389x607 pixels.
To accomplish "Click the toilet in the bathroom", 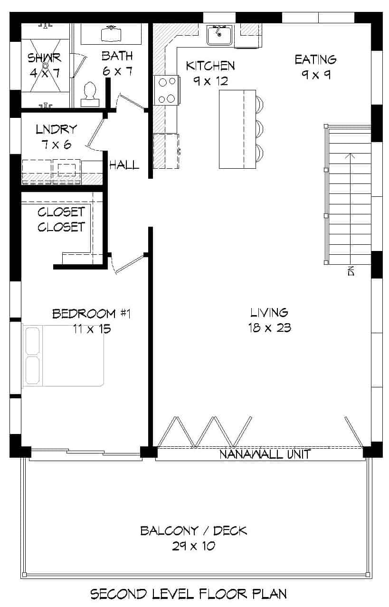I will [90, 94].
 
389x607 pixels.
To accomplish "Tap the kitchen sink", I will [219, 35].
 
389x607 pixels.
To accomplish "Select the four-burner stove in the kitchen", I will [166, 90].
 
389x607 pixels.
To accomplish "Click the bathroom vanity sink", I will [111, 33].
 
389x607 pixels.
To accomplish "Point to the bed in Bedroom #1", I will [63, 356].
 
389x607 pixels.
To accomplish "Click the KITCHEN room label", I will [210, 66].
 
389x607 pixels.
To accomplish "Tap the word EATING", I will [315, 59].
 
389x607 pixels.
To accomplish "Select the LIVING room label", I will [269, 312].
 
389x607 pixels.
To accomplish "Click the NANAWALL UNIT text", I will [265, 454].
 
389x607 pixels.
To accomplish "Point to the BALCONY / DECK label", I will [193, 530].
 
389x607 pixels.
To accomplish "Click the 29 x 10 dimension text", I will [193, 546].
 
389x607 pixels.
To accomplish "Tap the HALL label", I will [124, 165].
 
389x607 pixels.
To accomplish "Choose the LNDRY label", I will [56, 129].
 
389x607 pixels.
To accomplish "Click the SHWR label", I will [44, 58].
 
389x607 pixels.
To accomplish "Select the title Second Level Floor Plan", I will [189, 594].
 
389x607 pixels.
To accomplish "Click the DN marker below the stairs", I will [351, 271].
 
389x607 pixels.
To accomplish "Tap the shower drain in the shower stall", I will [46, 66].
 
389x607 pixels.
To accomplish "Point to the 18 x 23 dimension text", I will [269, 328].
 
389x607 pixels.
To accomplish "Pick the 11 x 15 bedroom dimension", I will [92, 328].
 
